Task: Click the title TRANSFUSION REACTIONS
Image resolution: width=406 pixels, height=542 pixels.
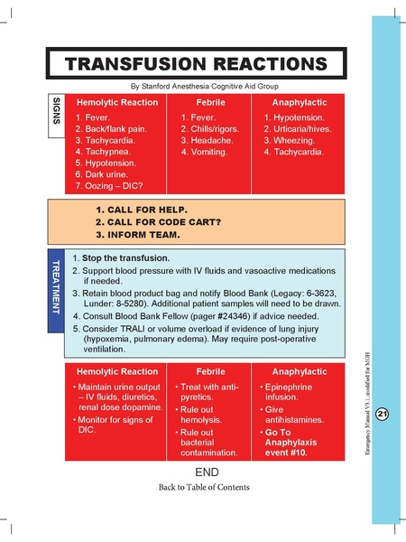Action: (196, 64)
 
